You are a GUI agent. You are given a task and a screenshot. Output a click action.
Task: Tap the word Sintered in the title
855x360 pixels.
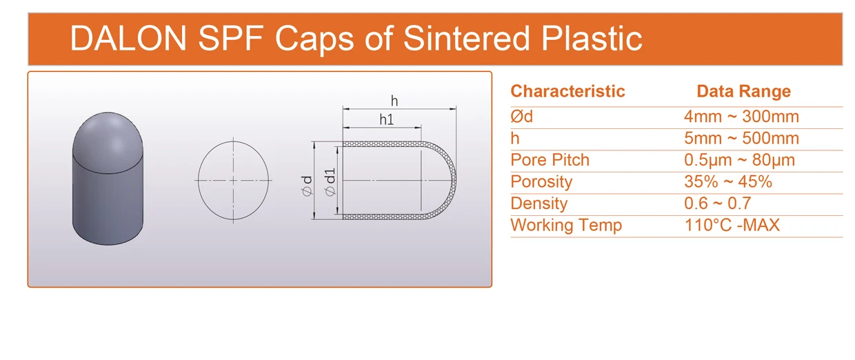pyautogui.click(x=467, y=38)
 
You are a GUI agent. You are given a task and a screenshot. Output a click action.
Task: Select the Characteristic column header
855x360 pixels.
pyautogui.click(x=567, y=91)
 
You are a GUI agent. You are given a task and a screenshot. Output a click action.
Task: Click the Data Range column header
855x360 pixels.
pyautogui.click(x=743, y=91)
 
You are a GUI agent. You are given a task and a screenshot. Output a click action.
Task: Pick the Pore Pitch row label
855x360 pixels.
pyautogui.click(x=550, y=160)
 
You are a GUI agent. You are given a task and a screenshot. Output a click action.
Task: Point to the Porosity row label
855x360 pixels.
pyautogui.click(x=541, y=182)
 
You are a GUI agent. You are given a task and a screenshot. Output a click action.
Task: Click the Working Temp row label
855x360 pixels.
pyautogui.click(x=565, y=225)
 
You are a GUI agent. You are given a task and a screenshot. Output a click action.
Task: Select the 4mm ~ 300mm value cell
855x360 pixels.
pyautogui.click(x=741, y=117)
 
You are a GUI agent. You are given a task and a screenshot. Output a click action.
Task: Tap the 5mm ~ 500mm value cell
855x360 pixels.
pyautogui.click(x=741, y=138)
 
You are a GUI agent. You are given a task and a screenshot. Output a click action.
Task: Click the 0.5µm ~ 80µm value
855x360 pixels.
pyautogui.click(x=739, y=160)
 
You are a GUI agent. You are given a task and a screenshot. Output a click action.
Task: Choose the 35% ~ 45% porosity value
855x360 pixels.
pyautogui.click(x=727, y=182)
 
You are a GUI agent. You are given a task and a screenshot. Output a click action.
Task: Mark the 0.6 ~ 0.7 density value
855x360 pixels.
pyautogui.click(x=717, y=203)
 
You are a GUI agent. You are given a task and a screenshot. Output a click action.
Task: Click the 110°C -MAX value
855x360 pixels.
pyautogui.click(x=732, y=225)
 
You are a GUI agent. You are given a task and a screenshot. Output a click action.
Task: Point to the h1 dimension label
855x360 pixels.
pyautogui.click(x=386, y=119)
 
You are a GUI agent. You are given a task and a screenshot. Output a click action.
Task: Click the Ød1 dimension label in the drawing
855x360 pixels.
pyautogui.click(x=330, y=181)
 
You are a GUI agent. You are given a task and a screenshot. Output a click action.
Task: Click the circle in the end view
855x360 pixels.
pyautogui.click(x=233, y=181)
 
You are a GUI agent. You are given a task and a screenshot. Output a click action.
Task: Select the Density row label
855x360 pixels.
pyautogui.click(x=539, y=203)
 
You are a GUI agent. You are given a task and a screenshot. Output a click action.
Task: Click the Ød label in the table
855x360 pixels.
pyautogui.click(x=521, y=117)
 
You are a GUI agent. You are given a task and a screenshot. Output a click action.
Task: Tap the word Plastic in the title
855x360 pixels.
pyautogui.click(x=592, y=38)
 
